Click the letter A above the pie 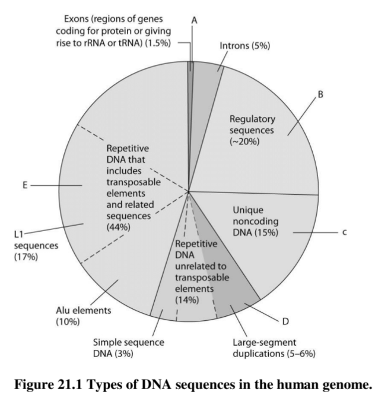193,20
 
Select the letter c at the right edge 344,232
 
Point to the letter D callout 285,321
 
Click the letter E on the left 25,185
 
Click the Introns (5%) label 245,46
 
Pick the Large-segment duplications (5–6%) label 274,348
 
